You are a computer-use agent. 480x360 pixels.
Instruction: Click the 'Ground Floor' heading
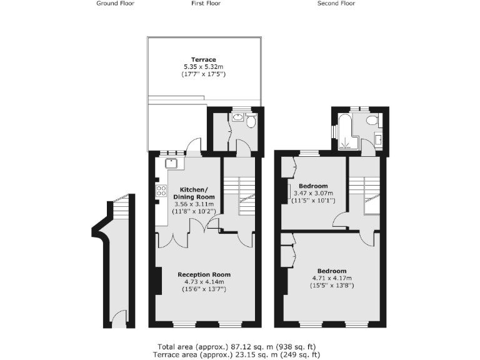point(116,3)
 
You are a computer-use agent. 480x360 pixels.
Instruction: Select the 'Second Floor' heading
point(336,3)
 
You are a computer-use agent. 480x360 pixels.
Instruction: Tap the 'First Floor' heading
point(206,3)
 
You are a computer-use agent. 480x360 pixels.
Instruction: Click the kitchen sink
point(172,164)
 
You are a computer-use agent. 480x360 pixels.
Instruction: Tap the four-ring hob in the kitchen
point(160,191)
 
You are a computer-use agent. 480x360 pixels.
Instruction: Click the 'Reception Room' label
point(204,274)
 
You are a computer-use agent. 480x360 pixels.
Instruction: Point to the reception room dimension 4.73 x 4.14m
point(204,282)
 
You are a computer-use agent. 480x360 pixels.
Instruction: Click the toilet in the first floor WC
point(251,121)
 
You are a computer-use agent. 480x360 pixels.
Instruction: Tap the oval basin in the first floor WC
point(238,117)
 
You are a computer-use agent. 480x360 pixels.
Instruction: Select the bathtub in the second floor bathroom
point(344,133)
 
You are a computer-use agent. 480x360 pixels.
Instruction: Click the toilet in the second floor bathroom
point(372,120)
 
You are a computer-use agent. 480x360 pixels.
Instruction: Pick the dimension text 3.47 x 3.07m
point(313,193)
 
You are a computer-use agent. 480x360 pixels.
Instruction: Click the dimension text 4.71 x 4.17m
point(331,278)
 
